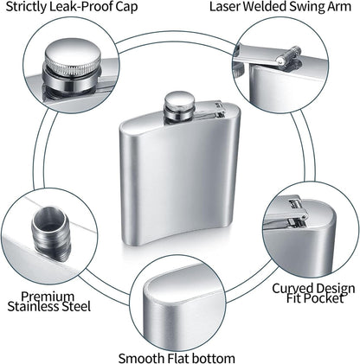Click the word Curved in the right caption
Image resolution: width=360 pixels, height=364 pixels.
tap(293, 288)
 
